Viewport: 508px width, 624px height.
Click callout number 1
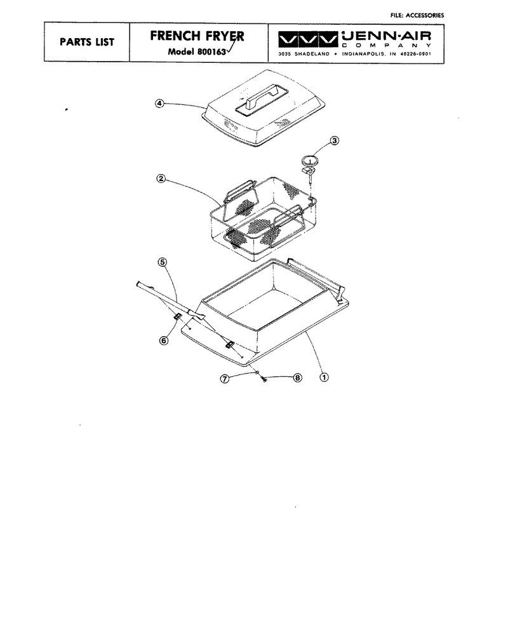[x=324, y=377]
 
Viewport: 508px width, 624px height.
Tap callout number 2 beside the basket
[x=161, y=179]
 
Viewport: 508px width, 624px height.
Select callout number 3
[x=335, y=140]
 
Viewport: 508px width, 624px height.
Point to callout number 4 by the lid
[x=159, y=104]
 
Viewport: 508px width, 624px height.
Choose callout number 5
[x=163, y=262]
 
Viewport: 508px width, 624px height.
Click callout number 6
[x=163, y=341]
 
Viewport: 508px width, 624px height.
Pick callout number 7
[x=225, y=379]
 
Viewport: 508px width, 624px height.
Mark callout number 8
[x=298, y=377]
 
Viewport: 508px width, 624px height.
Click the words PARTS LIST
[x=87, y=42]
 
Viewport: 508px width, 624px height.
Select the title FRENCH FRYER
[x=197, y=36]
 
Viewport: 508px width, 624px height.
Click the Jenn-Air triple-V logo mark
[x=307, y=40]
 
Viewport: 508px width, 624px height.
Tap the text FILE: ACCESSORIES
[x=417, y=15]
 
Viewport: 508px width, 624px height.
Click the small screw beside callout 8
[x=264, y=379]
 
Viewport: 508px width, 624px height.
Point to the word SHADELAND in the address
[x=312, y=54]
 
